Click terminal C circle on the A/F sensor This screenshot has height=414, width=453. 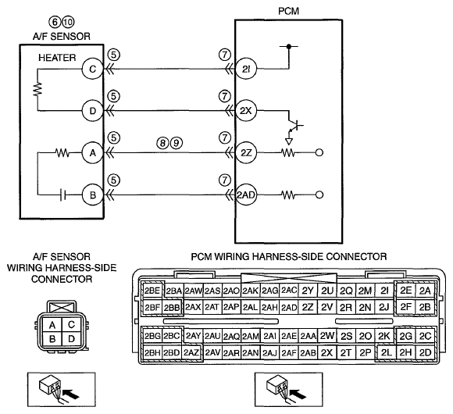[92, 69]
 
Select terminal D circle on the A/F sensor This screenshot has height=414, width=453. [92, 111]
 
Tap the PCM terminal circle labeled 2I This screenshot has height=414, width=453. [246, 69]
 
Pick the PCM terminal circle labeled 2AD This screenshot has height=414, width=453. [246, 195]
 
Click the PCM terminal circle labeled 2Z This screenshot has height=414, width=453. [246, 153]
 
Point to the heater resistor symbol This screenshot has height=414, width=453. [37, 90]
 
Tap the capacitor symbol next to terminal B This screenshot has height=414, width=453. [63, 195]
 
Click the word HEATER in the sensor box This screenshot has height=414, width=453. [57, 58]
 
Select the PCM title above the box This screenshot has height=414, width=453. [288, 11]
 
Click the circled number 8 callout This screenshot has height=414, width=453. [163, 143]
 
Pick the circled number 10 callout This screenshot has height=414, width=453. [69, 22]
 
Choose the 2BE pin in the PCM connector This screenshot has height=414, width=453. [152, 291]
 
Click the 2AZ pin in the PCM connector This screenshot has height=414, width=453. [191, 352]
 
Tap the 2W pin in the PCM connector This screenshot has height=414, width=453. [326, 336]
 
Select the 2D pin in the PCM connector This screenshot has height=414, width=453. [425, 352]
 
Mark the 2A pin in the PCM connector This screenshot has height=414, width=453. [425, 291]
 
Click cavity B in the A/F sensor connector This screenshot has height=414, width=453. [52, 339]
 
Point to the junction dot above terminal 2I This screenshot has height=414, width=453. [288, 46]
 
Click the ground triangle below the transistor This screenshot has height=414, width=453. [289, 141]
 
